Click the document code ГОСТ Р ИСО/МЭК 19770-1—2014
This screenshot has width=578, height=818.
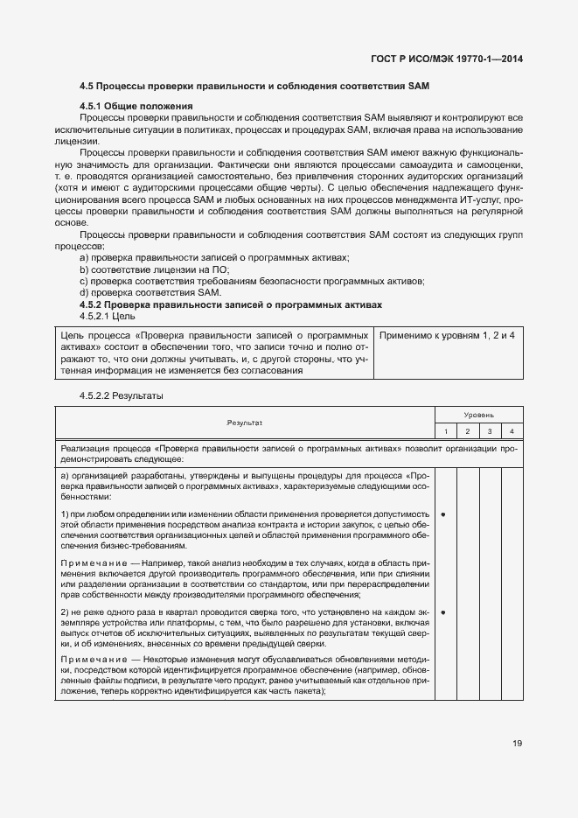click(449, 59)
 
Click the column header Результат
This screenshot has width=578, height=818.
click(244, 423)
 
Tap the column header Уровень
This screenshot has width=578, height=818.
click(478, 415)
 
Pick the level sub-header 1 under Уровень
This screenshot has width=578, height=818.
click(444, 431)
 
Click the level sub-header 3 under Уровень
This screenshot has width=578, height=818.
click(490, 431)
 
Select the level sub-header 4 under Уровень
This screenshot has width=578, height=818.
click(512, 431)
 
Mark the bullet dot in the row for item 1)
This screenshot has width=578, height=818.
click(444, 514)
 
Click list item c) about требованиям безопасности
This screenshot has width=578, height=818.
click(252, 281)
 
